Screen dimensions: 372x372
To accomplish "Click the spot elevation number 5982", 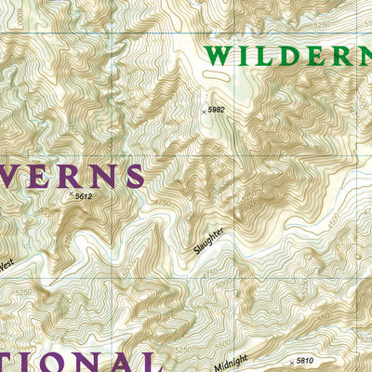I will [x=217, y=110].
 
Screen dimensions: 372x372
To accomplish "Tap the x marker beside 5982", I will [x=204, y=110].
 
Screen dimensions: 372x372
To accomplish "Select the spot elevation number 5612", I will [x=84, y=196].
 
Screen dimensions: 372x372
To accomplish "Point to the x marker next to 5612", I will [x=71, y=195].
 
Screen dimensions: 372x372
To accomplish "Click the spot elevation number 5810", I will [x=304, y=360].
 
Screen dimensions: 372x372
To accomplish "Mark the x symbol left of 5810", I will [x=290, y=360].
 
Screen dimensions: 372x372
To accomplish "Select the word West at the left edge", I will [x=6, y=264].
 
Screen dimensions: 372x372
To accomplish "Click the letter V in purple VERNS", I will [x=11, y=176].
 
